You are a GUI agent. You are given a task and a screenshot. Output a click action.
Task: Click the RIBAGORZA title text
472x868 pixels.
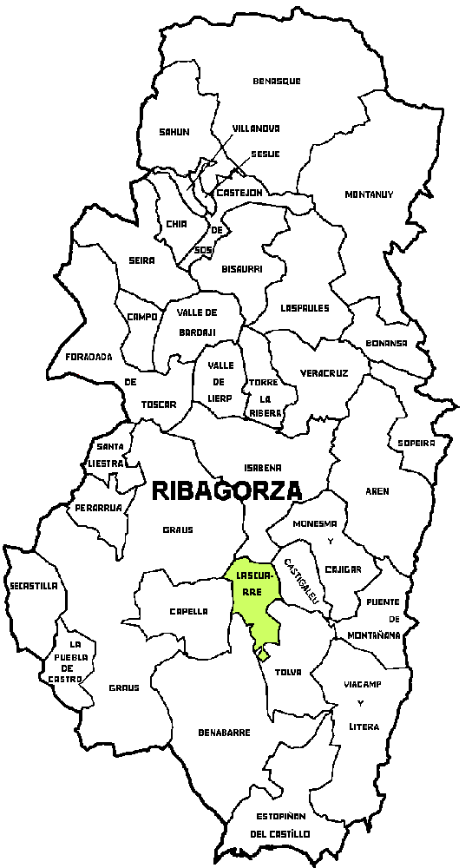(226, 490)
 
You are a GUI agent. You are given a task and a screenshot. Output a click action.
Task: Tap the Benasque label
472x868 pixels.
(277, 81)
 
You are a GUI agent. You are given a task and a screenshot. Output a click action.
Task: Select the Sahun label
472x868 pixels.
(174, 132)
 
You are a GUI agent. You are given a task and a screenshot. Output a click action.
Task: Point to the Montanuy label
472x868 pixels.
(369, 194)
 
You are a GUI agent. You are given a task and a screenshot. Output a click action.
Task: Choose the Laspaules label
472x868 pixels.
(305, 307)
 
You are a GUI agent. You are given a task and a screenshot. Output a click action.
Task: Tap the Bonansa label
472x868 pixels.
(386, 343)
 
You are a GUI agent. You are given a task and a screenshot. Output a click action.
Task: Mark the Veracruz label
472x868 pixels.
(324, 373)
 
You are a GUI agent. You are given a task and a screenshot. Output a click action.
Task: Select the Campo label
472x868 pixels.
(141, 317)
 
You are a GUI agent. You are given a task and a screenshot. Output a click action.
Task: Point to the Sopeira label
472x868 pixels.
(416, 443)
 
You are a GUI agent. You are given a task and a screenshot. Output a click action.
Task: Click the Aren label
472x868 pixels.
(377, 491)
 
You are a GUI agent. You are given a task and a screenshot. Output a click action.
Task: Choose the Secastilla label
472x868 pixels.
(34, 586)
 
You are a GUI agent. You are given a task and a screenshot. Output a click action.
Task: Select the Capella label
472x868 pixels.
(187, 611)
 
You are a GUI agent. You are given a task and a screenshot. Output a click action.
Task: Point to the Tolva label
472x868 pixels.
(287, 672)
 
